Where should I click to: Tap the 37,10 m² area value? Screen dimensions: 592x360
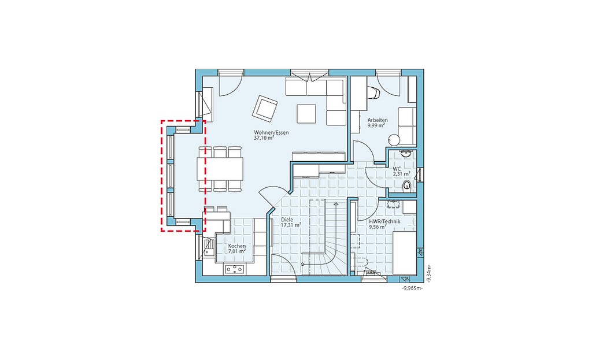(264, 138)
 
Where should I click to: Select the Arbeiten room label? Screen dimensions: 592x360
(378, 120)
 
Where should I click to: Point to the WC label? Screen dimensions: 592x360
(397, 169)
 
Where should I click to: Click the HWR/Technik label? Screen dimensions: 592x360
(384, 221)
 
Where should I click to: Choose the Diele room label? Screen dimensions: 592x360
(287, 220)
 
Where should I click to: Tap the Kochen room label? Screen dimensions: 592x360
(237, 246)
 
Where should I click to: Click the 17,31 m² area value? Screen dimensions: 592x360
(291, 225)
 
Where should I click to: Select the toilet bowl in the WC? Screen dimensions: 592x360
(407, 185)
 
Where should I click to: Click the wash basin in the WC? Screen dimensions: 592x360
(406, 154)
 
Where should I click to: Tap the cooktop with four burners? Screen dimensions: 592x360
(235, 269)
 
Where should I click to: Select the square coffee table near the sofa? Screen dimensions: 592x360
(306, 114)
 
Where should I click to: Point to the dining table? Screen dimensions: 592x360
(220, 168)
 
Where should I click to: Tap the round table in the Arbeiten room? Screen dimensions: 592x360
(393, 140)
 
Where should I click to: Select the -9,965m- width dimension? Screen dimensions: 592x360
(412, 288)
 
